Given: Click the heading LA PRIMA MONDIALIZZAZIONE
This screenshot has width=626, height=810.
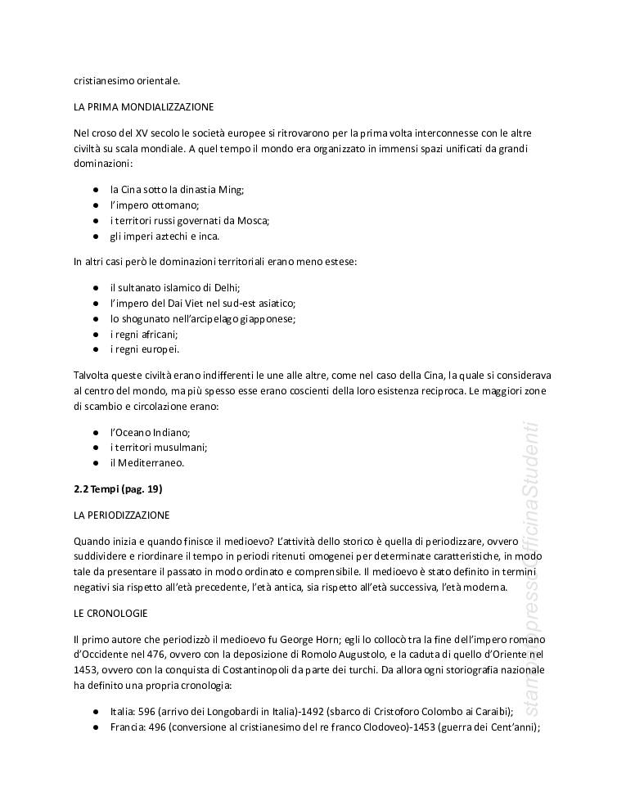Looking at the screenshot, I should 143,107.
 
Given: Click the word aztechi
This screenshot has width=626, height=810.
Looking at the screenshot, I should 166,236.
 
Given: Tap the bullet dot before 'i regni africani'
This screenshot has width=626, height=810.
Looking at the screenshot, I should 96,335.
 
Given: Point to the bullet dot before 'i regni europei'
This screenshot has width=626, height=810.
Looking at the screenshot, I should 96,350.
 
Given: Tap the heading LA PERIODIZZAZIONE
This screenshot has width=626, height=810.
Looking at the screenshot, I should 121,515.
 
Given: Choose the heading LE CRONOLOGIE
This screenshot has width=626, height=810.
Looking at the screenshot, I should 109,613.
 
